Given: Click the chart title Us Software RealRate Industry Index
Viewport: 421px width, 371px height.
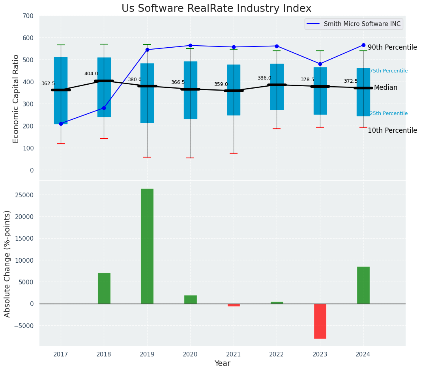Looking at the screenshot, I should click(216, 9).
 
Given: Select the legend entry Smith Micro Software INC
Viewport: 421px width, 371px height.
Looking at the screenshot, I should click(362, 24).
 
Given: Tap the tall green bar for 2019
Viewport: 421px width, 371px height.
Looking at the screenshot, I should click(147, 246).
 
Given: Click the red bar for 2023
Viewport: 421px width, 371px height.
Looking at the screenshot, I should click(320, 321).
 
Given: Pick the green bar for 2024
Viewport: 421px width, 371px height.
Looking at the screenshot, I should click(363, 285).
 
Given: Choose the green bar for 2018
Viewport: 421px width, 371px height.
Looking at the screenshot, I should click(104, 288).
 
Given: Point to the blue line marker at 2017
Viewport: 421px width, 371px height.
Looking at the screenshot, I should click(61, 124).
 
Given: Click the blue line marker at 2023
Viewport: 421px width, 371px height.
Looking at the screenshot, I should click(320, 64).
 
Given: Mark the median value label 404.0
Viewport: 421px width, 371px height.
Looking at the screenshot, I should click(91, 74).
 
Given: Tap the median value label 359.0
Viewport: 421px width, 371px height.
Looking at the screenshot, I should click(221, 84).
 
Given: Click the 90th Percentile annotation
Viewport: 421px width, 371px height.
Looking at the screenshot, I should click(392, 48).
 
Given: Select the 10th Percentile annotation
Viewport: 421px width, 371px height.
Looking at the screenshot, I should click(392, 131).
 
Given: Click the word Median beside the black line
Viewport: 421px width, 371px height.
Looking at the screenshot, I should click(385, 88).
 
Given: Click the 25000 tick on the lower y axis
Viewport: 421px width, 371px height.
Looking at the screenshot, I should click(24, 195).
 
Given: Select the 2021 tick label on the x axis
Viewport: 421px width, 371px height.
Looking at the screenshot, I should click(234, 354).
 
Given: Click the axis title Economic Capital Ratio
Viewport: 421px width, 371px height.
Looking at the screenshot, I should click(16, 99).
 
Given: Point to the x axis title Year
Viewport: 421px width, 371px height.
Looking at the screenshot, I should click(222, 364).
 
